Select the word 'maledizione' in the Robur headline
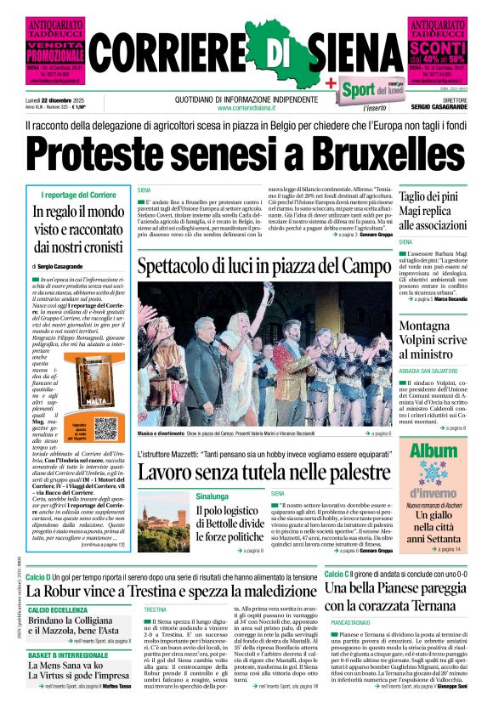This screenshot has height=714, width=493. (x=263, y=590)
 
